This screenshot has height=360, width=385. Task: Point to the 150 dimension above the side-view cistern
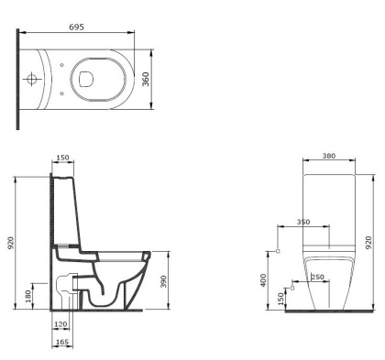pos(63,158)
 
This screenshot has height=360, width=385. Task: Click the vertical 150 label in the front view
pos(279,298)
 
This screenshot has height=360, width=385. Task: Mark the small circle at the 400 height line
pos(278,249)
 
